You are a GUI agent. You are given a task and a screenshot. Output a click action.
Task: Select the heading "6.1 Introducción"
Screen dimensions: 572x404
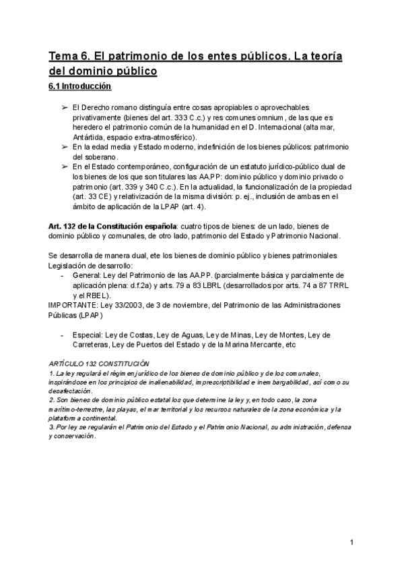(x=79, y=86)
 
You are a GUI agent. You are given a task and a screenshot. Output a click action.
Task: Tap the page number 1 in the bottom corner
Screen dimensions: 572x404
(x=352, y=542)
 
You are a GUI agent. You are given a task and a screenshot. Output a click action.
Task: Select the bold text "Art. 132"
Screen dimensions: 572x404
(x=64, y=225)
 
